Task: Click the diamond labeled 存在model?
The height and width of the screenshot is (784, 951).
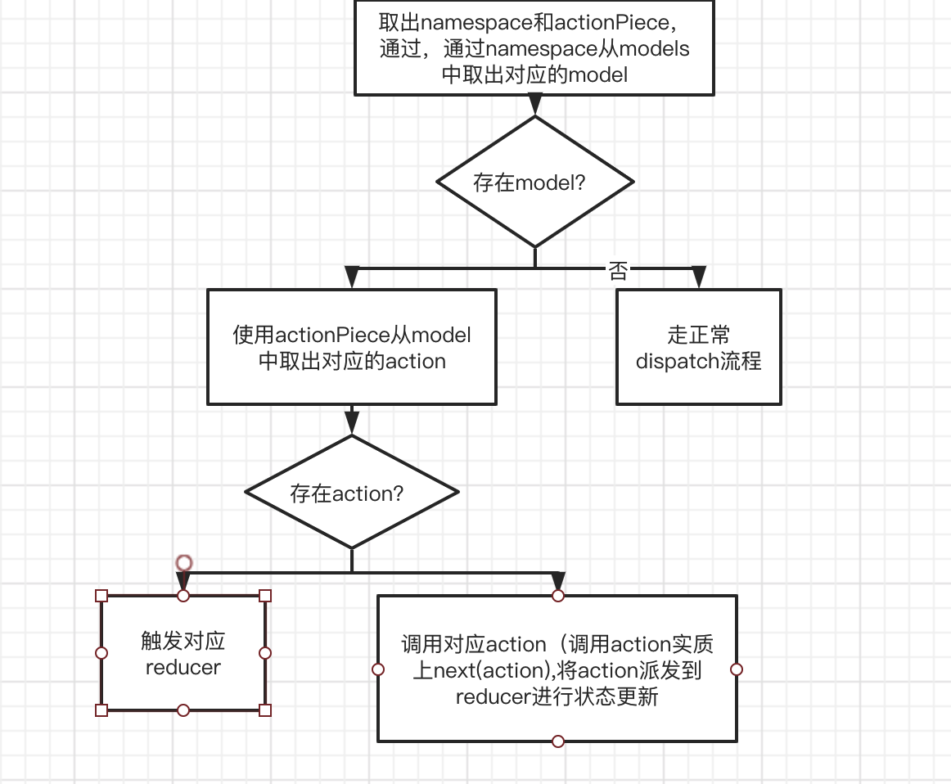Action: click(x=535, y=182)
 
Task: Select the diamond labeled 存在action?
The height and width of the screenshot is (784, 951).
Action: click(x=352, y=493)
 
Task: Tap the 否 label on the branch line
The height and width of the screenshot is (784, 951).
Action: click(x=618, y=271)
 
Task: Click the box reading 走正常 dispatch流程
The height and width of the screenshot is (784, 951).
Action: click(x=698, y=347)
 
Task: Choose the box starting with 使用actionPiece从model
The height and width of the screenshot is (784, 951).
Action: click(x=352, y=347)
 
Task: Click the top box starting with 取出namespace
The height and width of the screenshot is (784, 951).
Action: click(x=534, y=47)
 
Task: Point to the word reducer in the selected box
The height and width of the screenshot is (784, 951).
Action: click(x=183, y=667)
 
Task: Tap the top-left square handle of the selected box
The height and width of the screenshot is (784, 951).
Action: click(x=101, y=596)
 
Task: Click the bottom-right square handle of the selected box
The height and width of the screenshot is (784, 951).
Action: click(x=265, y=710)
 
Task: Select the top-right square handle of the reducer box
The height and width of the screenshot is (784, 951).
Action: click(x=265, y=596)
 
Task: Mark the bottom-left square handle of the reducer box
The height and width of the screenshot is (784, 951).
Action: click(x=101, y=710)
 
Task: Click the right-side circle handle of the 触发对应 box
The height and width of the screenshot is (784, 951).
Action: click(x=265, y=653)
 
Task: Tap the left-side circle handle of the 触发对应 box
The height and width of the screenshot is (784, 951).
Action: click(x=101, y=653)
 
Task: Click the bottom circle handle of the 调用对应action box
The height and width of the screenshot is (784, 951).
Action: click(x=558, y=741)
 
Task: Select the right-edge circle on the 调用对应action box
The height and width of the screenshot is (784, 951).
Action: click(x=737, y=669)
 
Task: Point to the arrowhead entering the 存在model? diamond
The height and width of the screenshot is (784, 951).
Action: click(x=535, y=105)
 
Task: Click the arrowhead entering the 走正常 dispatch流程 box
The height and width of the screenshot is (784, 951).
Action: click(x=698, y=278)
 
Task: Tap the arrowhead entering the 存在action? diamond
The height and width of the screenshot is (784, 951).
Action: click(x=352, y=422)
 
